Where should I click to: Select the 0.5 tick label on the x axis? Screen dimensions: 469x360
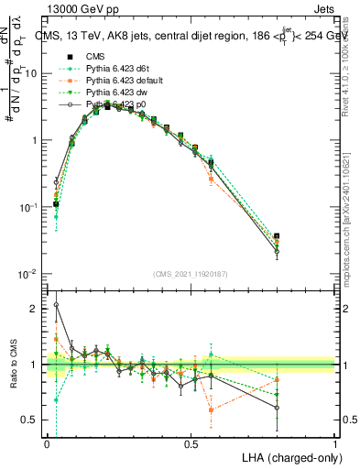click(191, 443)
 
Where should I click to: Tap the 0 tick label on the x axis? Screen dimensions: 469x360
click(47, 443)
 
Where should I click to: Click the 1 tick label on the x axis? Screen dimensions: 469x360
click(334, 443)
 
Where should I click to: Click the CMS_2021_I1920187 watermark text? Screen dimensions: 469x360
click(191, 272)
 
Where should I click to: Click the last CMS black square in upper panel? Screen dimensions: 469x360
click(278, 237)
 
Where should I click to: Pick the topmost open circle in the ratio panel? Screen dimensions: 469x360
click(56, 305)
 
